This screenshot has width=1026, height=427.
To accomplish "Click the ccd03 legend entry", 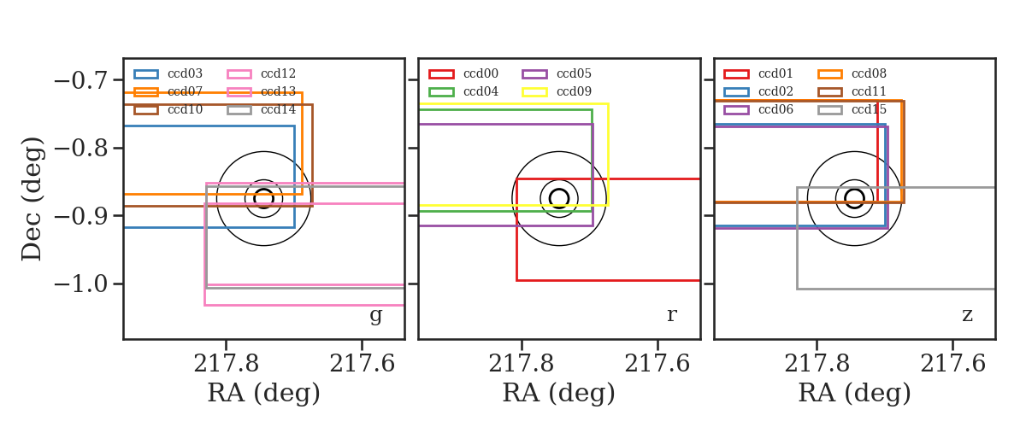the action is [x=168, y=73].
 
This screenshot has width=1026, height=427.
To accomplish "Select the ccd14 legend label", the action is [x=279, y=110].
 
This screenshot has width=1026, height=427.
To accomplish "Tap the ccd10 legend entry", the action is [x=168, y=110].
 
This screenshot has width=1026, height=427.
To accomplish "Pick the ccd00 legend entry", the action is [x=463, y=73].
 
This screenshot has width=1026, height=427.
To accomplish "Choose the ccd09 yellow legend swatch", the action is [x=534, y=92].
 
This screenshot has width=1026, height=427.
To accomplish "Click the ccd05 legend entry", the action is [x=557, y=73].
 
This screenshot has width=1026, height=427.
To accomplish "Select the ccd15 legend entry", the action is [x=852, y=110].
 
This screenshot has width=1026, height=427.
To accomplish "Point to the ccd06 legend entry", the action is [x=758, y=110].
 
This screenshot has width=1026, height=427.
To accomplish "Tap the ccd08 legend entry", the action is [x=852, y=73].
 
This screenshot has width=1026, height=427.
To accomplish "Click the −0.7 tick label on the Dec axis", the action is [x=80, y=80].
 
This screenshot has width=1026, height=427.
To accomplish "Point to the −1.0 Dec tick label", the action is [x=80, y=284].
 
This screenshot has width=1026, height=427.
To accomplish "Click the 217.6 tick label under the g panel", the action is [x=362, y=364].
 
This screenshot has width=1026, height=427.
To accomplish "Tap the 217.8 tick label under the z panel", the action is [x=817, y=364].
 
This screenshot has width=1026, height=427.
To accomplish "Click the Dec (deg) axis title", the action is [x=32, y=199].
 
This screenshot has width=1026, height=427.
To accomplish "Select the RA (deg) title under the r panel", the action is [x=559, y=393].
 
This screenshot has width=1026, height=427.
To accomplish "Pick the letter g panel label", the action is [x=375, y=315].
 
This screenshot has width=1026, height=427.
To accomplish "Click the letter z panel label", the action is [x=967, y=315].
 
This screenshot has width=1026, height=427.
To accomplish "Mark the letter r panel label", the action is [x=671, y=315].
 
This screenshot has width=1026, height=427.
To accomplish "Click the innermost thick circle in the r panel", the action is [x=559, y=189].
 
